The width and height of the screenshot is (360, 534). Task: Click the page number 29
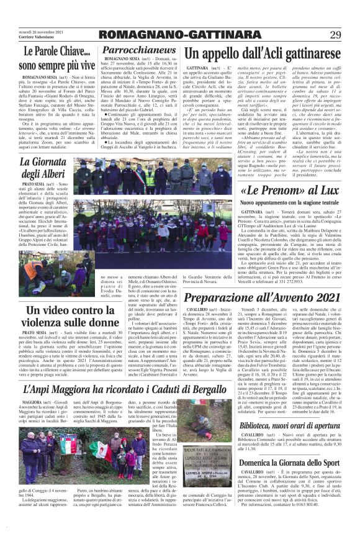[x=335, y=34]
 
